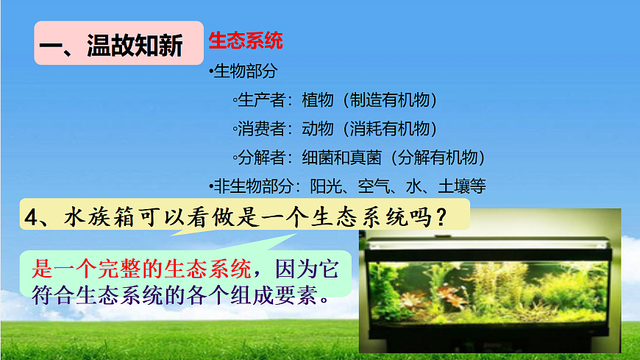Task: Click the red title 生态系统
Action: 245,40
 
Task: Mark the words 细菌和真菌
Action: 339,157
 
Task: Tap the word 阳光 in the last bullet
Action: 325,186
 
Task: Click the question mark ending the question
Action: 440,216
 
